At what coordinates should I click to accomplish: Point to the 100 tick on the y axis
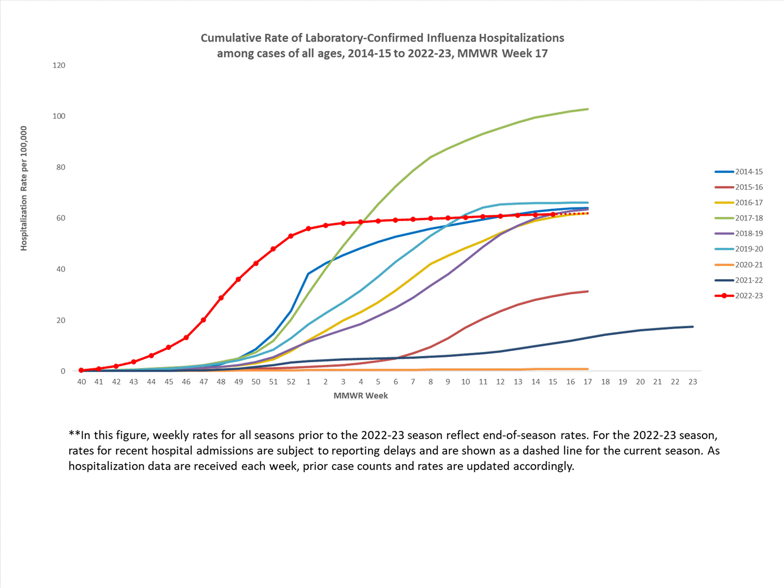[59, 116]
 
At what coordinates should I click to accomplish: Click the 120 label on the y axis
[59, 65]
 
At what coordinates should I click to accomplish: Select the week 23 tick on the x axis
[693, 382]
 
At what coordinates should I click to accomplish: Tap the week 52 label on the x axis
[291, 382]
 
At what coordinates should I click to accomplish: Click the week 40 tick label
[82, 382]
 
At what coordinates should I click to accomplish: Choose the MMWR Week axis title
[361, 396]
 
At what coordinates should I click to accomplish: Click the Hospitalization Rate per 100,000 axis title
[24, 188]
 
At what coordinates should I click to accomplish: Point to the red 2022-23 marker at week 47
[203, 320]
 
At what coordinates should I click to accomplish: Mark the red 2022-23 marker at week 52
[291, 236]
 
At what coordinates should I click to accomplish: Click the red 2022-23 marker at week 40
[82, 370]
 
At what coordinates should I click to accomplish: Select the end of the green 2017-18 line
[588, 109]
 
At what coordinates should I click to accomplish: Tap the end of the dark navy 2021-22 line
[693, 327]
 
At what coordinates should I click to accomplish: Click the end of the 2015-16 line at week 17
[588, 292]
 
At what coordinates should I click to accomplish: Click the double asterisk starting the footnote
[74, 435]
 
